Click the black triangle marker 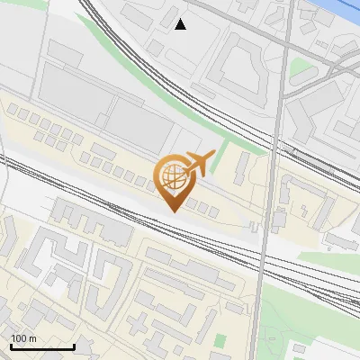181,24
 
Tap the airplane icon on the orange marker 199,162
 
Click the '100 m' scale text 23,338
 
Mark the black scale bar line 42,346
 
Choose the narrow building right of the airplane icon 241,167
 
